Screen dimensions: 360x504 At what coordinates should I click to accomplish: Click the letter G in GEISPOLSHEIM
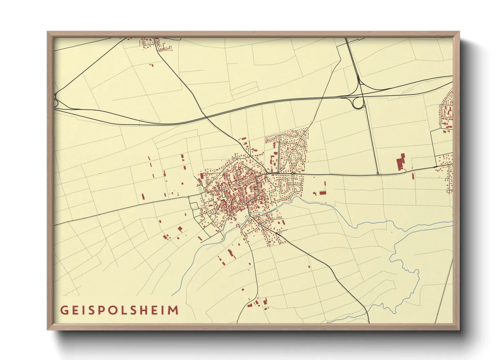click(x=64, y=310)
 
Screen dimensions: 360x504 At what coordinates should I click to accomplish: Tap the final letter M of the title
click(x=174, y=310)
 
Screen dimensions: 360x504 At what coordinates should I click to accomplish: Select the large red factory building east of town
click(x=401, y=162)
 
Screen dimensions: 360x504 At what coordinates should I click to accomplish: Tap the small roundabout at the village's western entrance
click(x=188, y=197)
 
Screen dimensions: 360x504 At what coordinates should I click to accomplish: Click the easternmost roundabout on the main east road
click(x=293, y=173)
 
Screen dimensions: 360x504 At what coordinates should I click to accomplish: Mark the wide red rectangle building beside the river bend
click(x=322, y=193)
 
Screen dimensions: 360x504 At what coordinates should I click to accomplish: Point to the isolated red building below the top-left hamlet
click(x=152, y=65)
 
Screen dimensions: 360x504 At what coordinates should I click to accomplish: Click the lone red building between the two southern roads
click(x=309, y=266)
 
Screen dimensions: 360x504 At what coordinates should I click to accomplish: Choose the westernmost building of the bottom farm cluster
click(x=250, y=305)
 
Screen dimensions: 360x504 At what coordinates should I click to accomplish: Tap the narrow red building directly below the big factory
click(x=413, y=176)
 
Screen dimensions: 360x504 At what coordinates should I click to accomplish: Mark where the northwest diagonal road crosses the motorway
click(x=206, y=118)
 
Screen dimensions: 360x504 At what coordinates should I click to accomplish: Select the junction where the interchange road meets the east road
click(x=378, y=174)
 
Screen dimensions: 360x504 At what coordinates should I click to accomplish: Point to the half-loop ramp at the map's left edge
click(x=56, y=101)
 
